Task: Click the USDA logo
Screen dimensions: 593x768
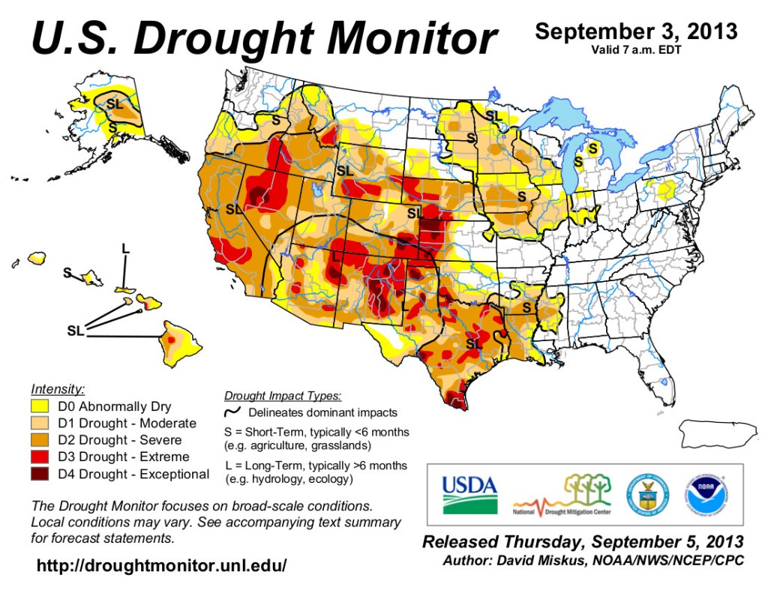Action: tap(469, 494)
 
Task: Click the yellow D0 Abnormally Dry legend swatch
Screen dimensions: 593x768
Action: tap(40, 407)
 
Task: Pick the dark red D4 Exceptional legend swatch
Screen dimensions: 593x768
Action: tap(40, 474)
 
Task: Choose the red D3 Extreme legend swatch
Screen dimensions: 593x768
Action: tap(40, 457)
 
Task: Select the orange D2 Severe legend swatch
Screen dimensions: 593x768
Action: tap(40, 441)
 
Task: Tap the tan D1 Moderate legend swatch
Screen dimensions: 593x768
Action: tap(40, 424)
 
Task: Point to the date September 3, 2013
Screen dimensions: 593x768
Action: tap(635, 32)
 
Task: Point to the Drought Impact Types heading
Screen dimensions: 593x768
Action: tap(283, 396)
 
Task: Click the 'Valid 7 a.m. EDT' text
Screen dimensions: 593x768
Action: tap(635, 51)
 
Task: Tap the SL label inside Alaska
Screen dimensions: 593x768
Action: tap(115, 104)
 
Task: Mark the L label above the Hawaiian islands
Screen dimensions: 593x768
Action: tap(125, 248)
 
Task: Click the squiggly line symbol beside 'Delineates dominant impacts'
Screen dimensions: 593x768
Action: tap(232, 412)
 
